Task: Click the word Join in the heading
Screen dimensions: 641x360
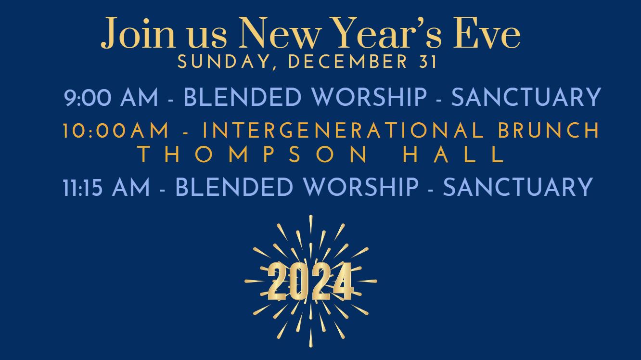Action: [x=138, y=33]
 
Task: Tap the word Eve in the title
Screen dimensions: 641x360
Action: [x=487, y=33]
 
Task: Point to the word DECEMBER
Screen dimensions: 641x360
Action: [x=347, y=62]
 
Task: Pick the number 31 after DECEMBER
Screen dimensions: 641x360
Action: [x=428, y=62]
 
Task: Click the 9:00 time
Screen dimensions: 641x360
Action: [x=88, y=97]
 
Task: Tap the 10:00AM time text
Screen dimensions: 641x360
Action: [x=116, y=130]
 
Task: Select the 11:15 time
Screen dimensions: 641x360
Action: [x=82, y=187]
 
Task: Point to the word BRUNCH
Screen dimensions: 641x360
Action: [x=549, y=130]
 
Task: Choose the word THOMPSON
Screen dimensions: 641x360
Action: [x=253, y=154]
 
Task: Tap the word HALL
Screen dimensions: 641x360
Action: [x=454, y=154]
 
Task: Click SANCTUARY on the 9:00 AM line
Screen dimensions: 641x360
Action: [x=526, y=97]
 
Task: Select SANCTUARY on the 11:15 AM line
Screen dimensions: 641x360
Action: [x=518, y=187]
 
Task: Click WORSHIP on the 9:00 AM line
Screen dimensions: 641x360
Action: [x=370, y=97]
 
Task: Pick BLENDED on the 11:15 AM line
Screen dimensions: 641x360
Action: [x=234, y=187]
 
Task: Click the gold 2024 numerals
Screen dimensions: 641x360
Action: [x=310, y=281]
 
